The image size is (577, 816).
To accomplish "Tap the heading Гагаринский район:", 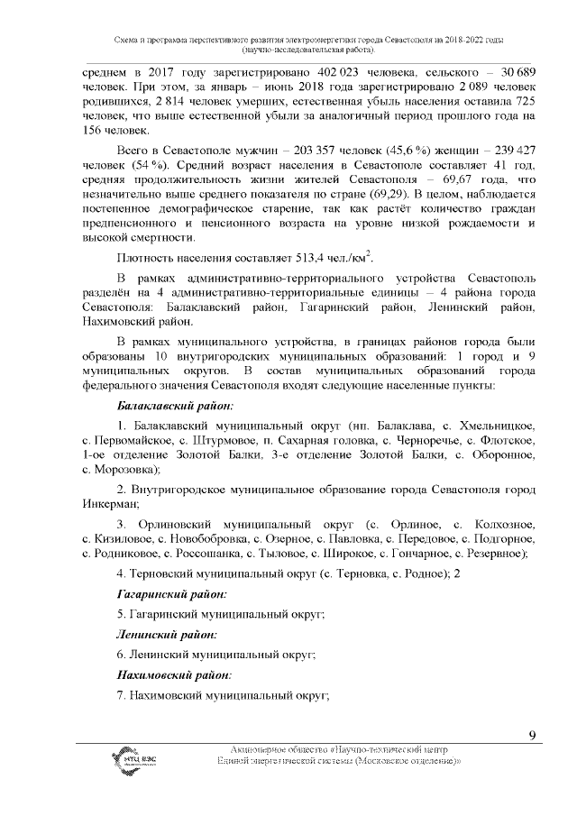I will [x=171, y=594].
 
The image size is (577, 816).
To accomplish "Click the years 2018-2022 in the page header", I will [x=456, y=41].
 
